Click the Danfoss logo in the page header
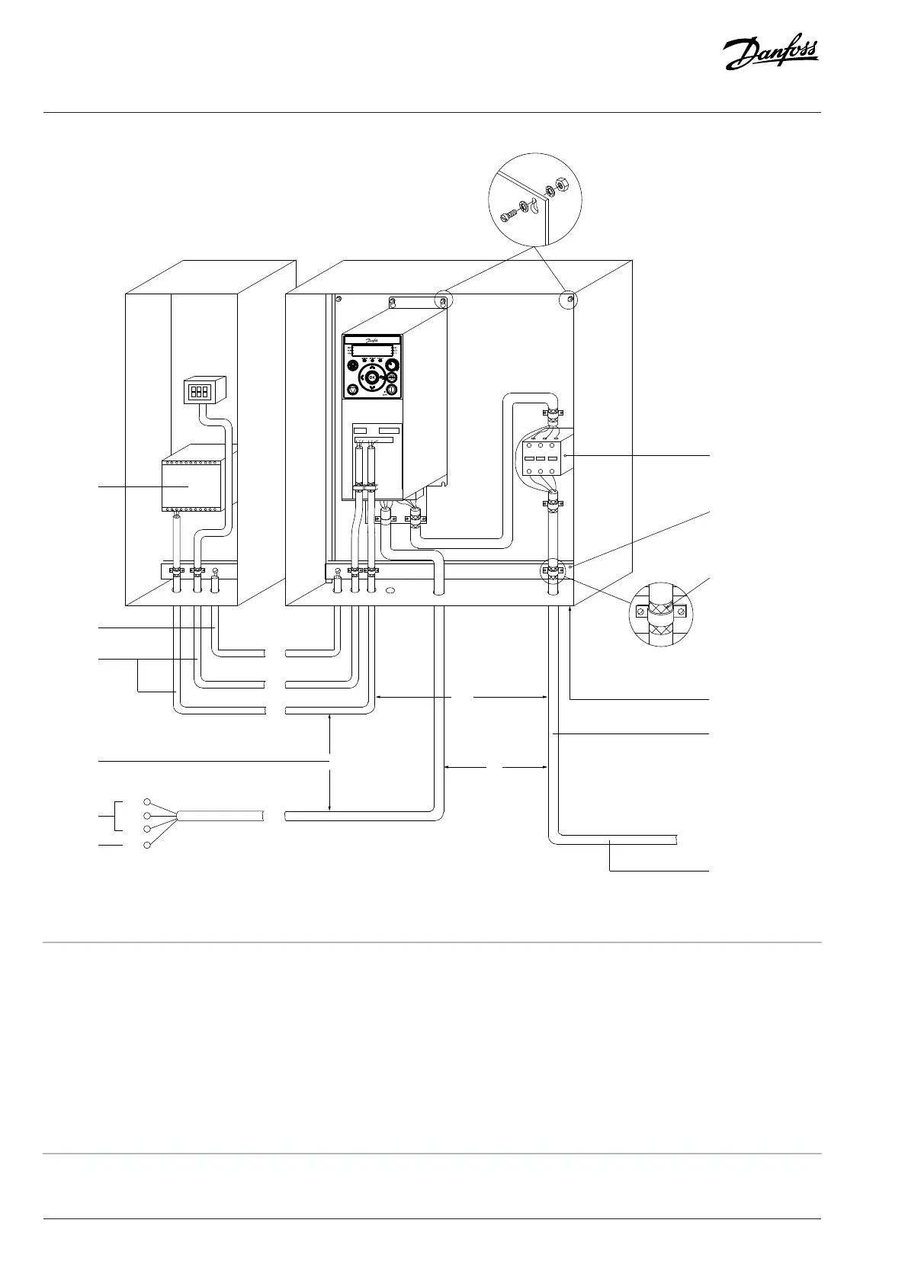point(770,54)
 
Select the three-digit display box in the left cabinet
point(200,392)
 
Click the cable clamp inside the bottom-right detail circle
point(661,610)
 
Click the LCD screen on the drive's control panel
point(372,349)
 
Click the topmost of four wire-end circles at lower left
point(148,801)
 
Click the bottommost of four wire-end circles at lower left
point(148,845)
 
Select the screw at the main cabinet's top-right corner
point(569,300)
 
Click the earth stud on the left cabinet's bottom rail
point(216,571)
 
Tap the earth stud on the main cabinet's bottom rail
point(338,570)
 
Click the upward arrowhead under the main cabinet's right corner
point(570,611)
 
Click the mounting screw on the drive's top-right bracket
point(441,302)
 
